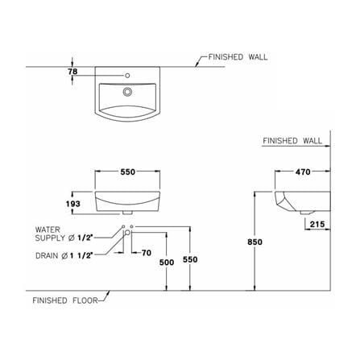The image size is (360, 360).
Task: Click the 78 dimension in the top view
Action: tap(72, 72)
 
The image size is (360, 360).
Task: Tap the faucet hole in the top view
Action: tap(127, 76)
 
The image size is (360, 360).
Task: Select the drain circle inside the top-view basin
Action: tap(127, 92)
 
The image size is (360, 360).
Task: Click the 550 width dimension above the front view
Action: tap(128, 172)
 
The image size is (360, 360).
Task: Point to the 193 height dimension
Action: tap(73, 204)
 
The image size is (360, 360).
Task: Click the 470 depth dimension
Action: tap(303, 172)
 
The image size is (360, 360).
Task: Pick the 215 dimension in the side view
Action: tap(317, 224)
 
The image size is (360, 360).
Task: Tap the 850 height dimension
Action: tap(254, 242)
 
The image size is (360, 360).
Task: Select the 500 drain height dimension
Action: tap(167, 263)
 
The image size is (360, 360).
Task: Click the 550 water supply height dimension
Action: tap(190, 259)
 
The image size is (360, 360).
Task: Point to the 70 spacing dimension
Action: tap(147, 253)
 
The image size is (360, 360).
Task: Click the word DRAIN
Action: tap(47, 256)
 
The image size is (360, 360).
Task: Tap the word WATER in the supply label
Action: tap(48, 230)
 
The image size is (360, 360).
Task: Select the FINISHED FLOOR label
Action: tap(65, 300)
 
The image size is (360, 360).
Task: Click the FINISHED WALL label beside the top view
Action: tap(238, 57)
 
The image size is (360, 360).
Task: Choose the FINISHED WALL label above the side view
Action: tap(292, 141)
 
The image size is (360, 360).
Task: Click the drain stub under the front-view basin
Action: tap(127, 213)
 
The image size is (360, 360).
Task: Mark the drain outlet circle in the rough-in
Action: tap(127, 233)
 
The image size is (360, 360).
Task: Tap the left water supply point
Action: tap(123, 226)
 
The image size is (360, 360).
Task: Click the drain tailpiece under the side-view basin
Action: tap(306, 213)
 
